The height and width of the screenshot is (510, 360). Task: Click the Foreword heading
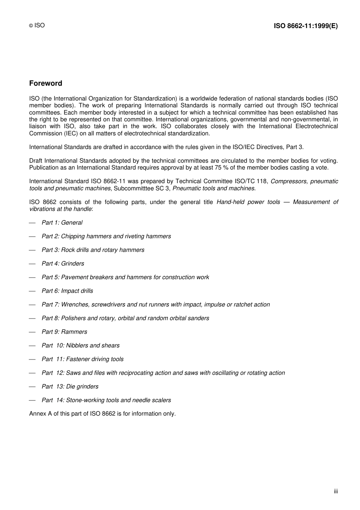[x=45, y=83]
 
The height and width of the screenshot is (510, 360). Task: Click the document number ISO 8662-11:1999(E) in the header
[x=305, y=26]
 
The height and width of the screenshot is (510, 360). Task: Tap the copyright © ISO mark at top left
[x=37, y=25]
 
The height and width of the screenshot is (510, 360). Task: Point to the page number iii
[x=336, y=491]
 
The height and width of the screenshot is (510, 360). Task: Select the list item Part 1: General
[x=62, y=223]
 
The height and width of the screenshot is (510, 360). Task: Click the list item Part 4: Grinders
[x=63, y=264]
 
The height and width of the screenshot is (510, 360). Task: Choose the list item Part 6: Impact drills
[x=67, y=291]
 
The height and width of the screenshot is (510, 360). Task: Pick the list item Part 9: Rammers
[x=64, y=332]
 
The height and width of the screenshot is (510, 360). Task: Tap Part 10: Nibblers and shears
[x=80, y=345]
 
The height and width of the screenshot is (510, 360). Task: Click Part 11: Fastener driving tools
[x=82, y=359]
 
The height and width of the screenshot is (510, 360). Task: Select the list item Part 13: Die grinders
[x=70, y=386]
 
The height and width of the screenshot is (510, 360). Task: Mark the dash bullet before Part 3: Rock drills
[x=32, y=250]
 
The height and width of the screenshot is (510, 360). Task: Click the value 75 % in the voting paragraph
[x=222, y=168]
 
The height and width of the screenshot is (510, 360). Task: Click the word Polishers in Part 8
[x=73, y=318]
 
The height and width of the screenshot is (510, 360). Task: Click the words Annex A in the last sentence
[x=40, y=414]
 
